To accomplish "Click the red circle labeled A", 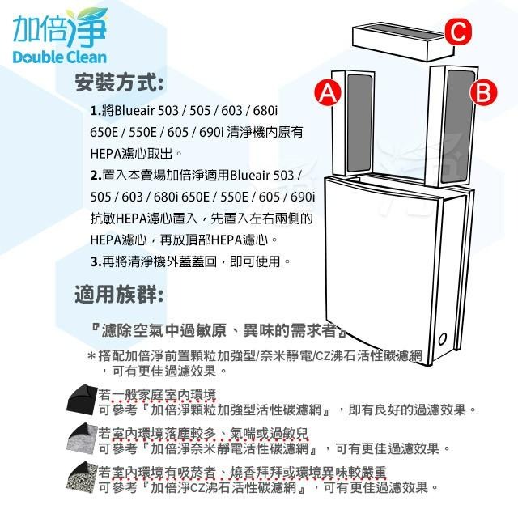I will pyautogui.click(x=327, y=93).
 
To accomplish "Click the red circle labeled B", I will pyautogui.click(x=483, y=92).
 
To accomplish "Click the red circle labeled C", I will pyautogui.click(x=457, y=32).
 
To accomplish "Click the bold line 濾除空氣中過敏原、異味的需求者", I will pyautogui.click(x=219, y=332).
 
